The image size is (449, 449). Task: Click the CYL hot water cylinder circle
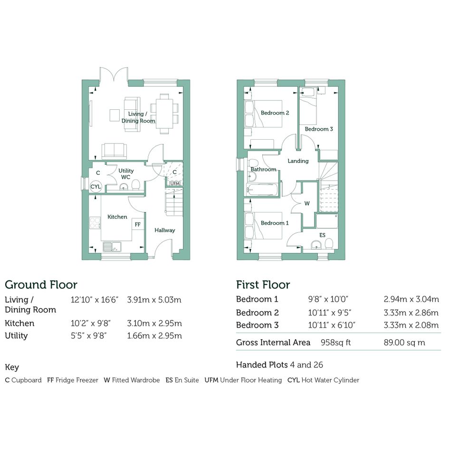click(96, 187)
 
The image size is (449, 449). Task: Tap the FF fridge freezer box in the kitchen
click(138, 224)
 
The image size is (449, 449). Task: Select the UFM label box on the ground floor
click(175, 183)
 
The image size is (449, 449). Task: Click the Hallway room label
click(165, 230)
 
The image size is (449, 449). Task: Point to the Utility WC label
click(126, 174)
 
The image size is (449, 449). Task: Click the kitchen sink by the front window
click(112, 247)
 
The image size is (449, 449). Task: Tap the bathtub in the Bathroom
click(262, 190)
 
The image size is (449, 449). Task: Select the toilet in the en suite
click(329, 244)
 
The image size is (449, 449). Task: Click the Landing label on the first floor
click(298, 161)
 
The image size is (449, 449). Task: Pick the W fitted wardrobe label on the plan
click(307, 204)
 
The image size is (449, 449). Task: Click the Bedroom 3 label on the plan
click(319, 129)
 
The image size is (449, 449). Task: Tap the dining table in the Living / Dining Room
click(164, 114)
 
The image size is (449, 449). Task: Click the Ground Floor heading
click(41, 285)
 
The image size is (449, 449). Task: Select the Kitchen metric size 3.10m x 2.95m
click(154, 323)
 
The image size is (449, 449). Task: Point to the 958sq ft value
click(335, 343)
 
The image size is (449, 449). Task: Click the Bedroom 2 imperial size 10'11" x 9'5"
click(330, 313)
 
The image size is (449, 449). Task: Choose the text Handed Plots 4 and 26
click(279, 365)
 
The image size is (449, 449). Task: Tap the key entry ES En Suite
click(182, 380)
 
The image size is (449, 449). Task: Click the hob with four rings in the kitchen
click(95, 223)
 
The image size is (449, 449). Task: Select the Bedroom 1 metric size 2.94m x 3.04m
click(411, 299)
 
